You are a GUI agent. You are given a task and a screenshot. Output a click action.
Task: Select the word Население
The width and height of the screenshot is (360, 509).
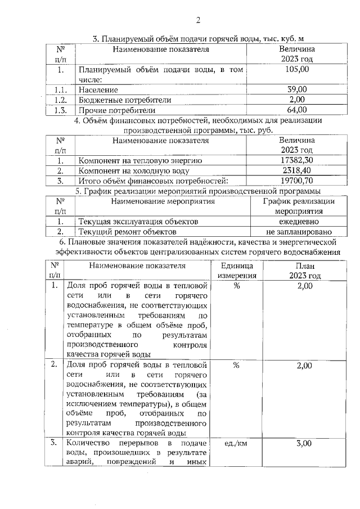[98, 90]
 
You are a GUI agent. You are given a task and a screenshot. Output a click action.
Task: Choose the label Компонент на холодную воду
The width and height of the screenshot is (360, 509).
[134, 171]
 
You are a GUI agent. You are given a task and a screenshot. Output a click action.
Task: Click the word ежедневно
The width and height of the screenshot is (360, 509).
[298, 222]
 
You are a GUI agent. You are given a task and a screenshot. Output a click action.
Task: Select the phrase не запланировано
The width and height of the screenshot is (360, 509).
[298, 232]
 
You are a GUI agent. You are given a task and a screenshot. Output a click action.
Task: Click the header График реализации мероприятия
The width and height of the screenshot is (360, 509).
[298, 206]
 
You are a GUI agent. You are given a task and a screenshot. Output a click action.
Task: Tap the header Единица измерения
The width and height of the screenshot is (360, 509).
[237, 271]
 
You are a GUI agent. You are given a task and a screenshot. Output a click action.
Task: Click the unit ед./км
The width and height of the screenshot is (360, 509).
[237, 444]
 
